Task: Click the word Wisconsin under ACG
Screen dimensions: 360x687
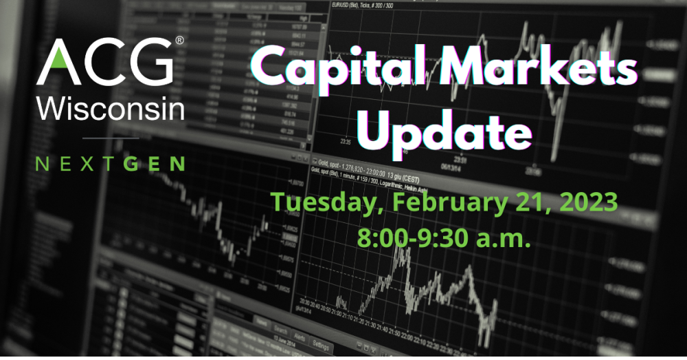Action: (111, 108)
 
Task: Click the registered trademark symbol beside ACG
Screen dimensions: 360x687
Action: (180, 42)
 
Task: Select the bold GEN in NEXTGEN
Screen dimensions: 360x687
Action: (161, 164)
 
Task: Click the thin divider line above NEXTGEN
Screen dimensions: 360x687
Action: (110, 138)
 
